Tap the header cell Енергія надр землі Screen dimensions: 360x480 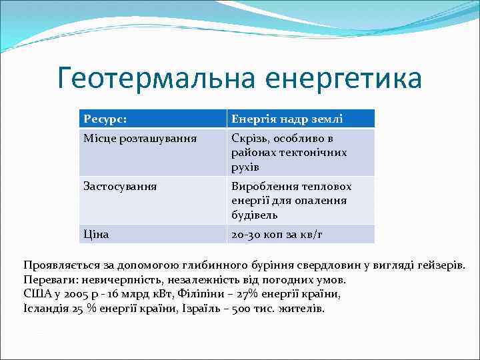287,119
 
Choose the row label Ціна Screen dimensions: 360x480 96,235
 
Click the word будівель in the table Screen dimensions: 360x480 255,215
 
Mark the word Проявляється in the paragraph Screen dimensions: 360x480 57,265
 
